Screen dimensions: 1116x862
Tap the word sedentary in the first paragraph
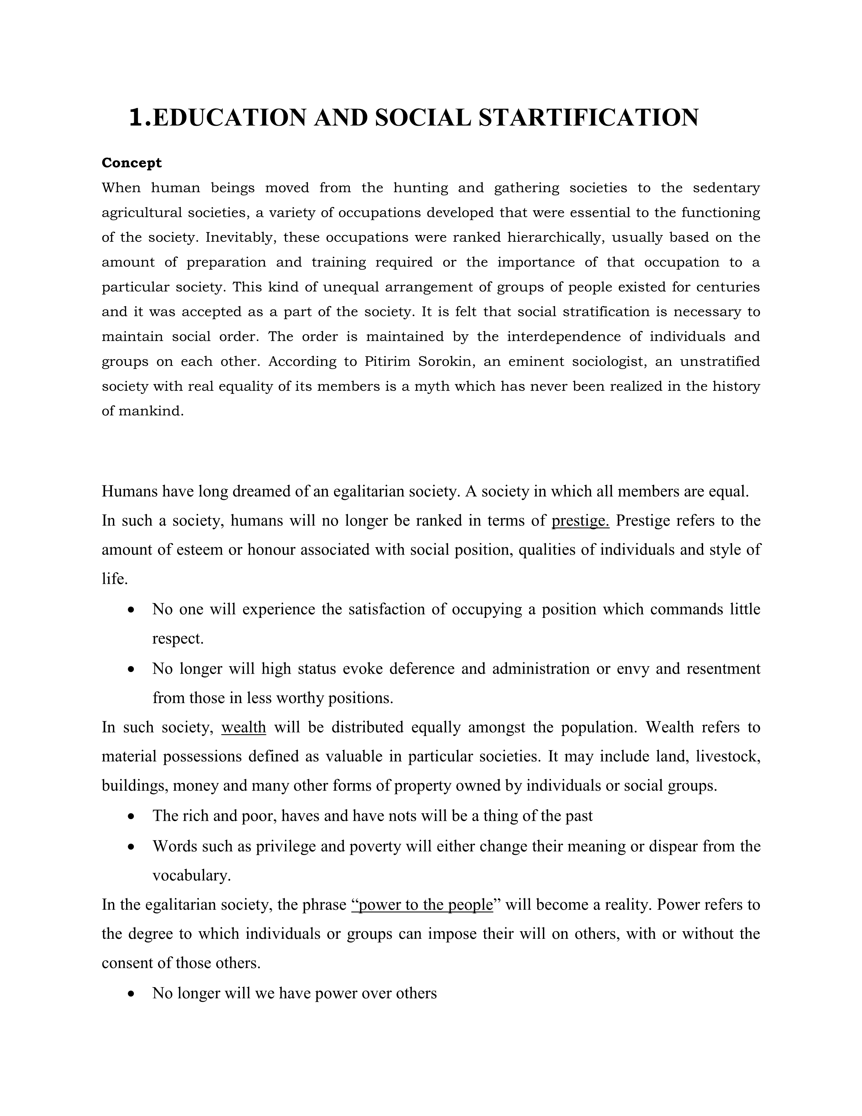726,188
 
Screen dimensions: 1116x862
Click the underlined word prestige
580,521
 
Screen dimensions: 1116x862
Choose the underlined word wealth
244,727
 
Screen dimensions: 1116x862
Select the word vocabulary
191,876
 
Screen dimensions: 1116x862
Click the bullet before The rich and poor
132,817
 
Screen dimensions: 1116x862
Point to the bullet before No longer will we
132,994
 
